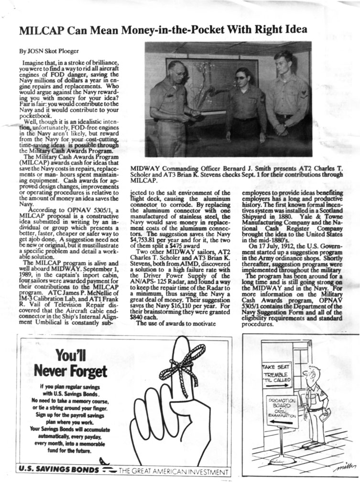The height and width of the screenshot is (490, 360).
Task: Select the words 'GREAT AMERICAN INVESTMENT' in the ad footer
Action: pyautogui.click(x=183, y=471)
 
